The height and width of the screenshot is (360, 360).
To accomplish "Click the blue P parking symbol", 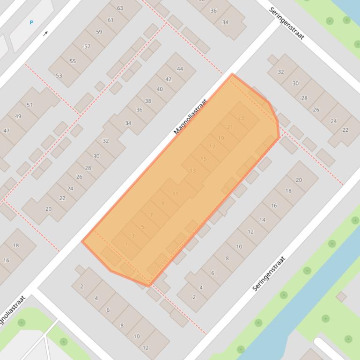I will coord(32,22).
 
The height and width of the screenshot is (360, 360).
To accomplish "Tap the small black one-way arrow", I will coord(45,34).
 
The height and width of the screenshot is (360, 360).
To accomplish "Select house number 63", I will coord(120,8).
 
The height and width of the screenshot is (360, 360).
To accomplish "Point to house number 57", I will coord(87,46).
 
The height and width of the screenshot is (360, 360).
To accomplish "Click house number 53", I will coord(59,75).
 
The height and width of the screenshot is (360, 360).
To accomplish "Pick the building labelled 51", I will coord(29,105).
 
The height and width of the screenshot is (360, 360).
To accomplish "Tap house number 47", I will coord(6,130).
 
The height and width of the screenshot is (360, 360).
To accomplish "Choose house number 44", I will coord(180,69).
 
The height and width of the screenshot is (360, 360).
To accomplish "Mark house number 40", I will coord(160,89).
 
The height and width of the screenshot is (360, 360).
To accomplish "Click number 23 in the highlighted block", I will coord(241,118).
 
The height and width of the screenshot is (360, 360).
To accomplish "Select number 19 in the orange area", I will coord(221,138).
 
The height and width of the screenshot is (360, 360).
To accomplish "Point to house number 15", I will coord(203,158).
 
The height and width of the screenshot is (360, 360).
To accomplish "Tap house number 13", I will coord(192,171).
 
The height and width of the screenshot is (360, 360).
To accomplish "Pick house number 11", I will coord(175,194).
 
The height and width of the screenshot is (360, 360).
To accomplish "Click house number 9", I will coord(163,203).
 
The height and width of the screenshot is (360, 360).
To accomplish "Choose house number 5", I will coord(142,227).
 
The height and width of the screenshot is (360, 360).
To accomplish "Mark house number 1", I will coord(126,245).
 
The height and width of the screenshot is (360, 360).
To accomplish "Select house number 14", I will coord(262,220).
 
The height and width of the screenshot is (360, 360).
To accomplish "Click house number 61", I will coord(110,20).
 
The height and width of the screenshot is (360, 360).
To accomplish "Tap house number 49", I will coord(18,116).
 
